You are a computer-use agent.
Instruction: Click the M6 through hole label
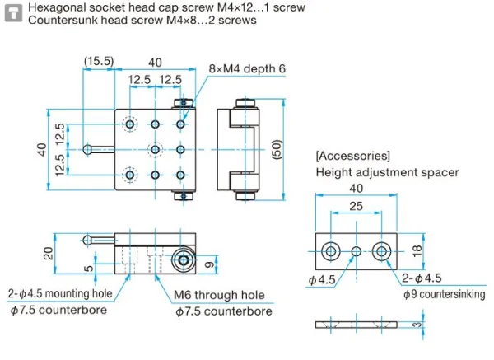click(219, 294)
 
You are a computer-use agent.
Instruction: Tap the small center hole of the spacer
click(356, 250)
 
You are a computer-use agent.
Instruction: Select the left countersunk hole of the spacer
click(330, 250)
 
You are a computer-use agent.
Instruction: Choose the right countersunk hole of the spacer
click(381, 250)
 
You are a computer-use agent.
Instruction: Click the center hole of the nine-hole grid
click(156, 149)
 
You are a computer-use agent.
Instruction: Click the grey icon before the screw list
click(13, 13)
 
